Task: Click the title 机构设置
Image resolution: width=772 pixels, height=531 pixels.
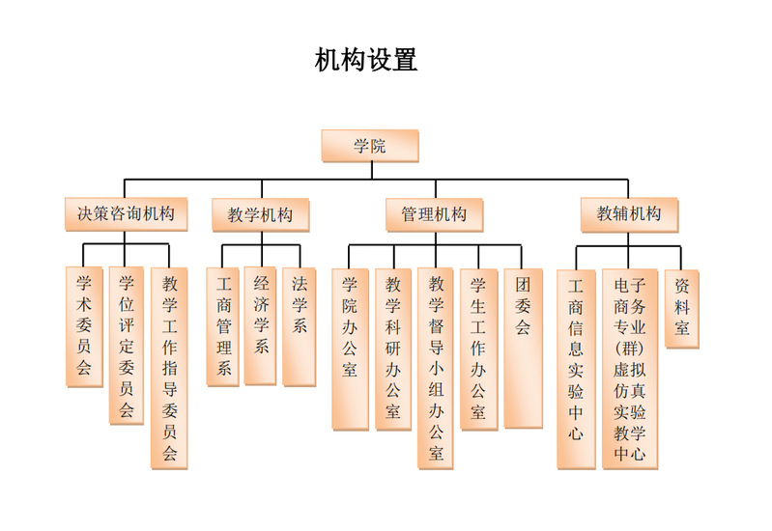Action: click(x=366, y=60)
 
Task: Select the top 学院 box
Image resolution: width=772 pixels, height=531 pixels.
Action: click(x=369, y=146)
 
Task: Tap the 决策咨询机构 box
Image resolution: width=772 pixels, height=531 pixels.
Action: click(x=126, y=213)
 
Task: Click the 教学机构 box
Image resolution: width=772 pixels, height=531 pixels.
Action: click(x=260, y=214)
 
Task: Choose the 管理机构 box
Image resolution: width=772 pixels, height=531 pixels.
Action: click(x=434, y=214)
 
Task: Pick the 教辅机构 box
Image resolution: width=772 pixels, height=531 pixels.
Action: click(x=629, y=214)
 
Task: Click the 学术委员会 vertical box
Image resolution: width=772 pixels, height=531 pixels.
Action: click(x=84, y=324)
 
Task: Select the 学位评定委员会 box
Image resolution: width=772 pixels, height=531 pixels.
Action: click(x=126, y=345)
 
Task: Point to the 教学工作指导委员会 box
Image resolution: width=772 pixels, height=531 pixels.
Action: click(x=169, y=367)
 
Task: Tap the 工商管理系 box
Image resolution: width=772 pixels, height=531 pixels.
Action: click(x=224, y=326)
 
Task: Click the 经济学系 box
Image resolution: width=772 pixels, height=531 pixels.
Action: click(x=260, y=325)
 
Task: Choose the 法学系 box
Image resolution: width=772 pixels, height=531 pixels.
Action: click(x=299, y=326)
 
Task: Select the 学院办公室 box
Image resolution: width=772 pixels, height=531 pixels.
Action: click(x=350, y=348)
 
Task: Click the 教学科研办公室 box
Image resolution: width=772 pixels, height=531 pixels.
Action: click(x=393, y=348)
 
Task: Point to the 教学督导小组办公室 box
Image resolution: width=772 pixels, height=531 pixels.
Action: click(x=437, y=367)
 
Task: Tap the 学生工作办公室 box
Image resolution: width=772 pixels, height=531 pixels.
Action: click(x=478, y=348)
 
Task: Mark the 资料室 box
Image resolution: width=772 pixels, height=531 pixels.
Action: click(x=682, y=308)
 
